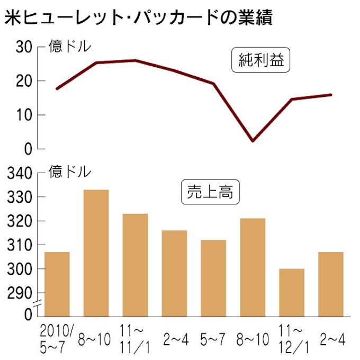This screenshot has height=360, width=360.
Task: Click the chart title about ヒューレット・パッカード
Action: click(138, 19)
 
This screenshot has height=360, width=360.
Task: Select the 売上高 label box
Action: click(211, 193)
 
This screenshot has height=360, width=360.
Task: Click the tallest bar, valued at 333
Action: click(96, 253)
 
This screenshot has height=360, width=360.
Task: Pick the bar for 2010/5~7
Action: click(57, 284)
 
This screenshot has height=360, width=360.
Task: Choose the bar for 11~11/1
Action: click(135, 265)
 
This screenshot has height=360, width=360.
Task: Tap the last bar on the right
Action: click(331, 284)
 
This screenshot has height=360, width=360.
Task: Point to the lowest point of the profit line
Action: click(253, 141)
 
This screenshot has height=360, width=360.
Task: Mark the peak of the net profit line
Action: click(135, 60)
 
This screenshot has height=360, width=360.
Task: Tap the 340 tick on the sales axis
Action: click(20, 173)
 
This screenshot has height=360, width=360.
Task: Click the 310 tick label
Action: click(20, 246)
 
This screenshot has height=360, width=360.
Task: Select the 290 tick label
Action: click(20, 293)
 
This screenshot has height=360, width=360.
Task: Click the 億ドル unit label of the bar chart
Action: click(70, 172)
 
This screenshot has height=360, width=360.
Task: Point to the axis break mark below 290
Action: click(38, 304)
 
